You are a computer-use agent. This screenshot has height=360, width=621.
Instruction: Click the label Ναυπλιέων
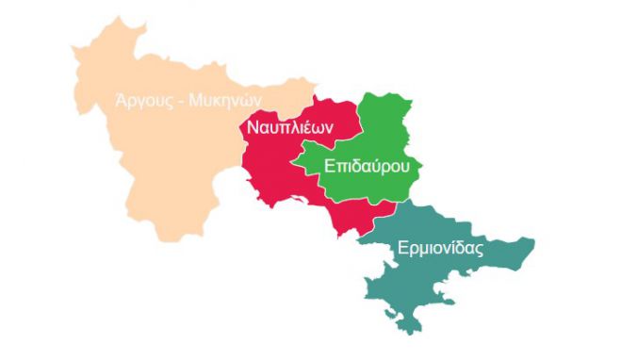289,127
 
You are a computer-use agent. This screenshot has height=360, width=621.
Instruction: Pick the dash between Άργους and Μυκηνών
182,99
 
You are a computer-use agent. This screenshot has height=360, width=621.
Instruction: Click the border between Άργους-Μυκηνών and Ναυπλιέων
241,160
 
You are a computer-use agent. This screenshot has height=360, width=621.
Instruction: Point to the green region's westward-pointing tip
291,168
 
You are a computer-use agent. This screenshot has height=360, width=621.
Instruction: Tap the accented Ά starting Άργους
120,99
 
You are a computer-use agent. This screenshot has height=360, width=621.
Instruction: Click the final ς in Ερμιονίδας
480,252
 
